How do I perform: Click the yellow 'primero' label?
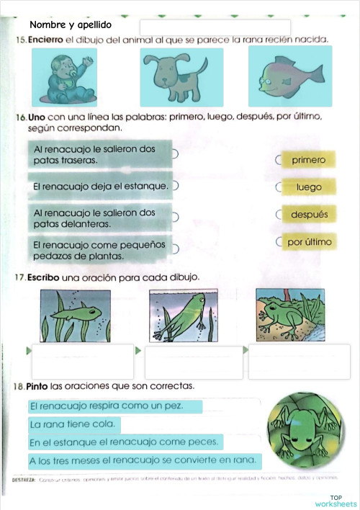[x=309, y=160]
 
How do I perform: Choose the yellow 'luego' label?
[x=309, y=187]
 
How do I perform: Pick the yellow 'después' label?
[x=309, y=215]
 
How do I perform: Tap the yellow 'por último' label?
[x=309, y=242]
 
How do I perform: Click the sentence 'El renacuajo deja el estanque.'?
[x=101, y=187]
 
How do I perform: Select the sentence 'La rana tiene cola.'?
[x=73, y=424]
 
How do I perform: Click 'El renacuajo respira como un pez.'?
[x=107, y=406]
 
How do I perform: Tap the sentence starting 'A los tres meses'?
[x=143, y=460]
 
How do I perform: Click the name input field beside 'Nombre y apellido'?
[x=220, y=27]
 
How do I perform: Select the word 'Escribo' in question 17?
[x=44, y=277]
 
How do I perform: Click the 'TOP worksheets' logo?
[x=336, y=501]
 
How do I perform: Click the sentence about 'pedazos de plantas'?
[x=99, y=251]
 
